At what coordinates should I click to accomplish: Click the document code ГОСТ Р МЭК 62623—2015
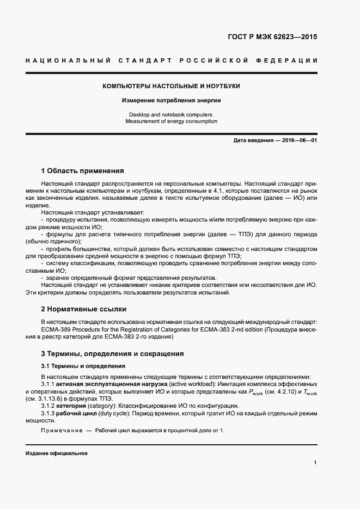272,38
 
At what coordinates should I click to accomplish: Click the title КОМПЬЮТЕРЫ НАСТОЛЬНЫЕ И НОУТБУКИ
172,86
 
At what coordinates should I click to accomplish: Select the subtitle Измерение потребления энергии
172,101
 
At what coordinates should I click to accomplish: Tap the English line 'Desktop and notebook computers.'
172,114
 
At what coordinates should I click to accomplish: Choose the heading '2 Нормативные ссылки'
84,309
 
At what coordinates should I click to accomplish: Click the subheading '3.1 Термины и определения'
83,366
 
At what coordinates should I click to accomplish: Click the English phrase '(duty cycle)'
114,414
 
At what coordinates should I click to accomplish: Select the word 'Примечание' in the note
60,431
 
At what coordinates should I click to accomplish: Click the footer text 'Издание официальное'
57,453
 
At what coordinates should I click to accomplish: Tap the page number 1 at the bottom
315,463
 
